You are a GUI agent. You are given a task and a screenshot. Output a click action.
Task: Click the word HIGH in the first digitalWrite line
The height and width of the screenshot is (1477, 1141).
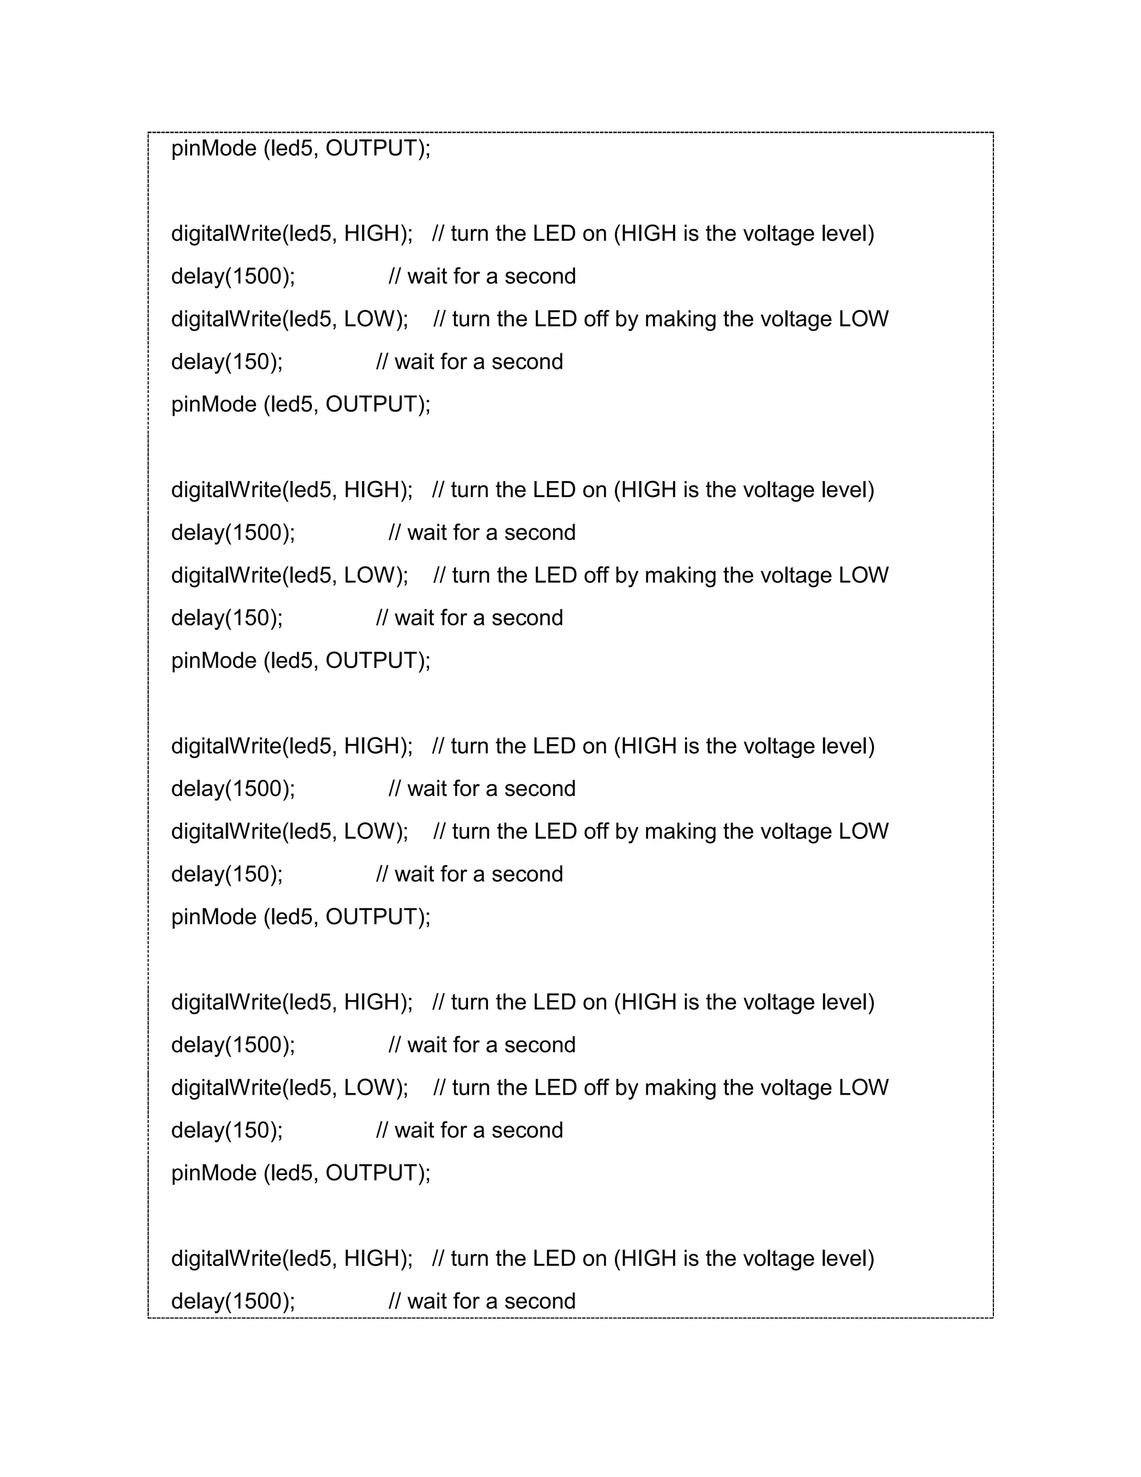pos(370,234)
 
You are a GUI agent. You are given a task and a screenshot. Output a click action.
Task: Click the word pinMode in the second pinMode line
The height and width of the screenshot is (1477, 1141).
pos(213,405)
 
